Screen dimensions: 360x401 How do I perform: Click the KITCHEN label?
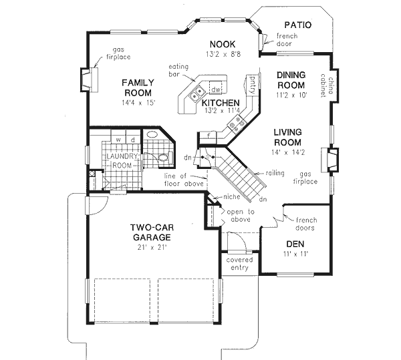(x=221, y=103)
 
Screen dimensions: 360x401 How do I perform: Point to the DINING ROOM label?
(x=291, y=81)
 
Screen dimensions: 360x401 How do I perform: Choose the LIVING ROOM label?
(x=287, y=137)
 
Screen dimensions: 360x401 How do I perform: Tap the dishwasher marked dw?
(x=215, y=89)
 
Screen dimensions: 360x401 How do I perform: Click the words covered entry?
(x=239, y=263)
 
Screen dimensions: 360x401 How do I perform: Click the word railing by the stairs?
(x=275, y=172)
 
